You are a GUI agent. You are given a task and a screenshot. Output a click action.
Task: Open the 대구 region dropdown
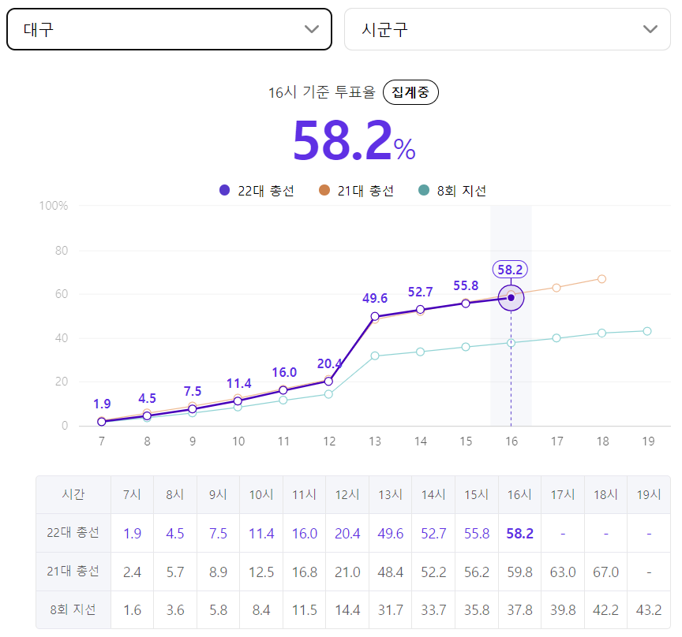(169, 29)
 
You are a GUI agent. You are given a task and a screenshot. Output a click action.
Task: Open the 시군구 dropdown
(507, 29)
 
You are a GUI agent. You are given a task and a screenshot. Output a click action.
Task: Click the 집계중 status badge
(410, 92)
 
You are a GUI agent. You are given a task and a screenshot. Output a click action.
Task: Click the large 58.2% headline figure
(354, 140)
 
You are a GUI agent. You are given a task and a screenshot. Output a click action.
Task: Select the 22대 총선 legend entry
(257, 190)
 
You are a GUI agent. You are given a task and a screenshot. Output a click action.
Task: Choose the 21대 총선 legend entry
(356, 190)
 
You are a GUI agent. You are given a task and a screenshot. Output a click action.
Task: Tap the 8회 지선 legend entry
(452, 190)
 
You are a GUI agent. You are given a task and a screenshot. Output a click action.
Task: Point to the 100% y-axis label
(54, 206)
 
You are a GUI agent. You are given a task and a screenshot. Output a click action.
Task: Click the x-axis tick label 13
(374, 441)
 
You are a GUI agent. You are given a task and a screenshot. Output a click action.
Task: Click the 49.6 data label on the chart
(374, 298)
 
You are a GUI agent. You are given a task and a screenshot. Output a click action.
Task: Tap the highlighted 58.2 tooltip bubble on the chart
(510, 270)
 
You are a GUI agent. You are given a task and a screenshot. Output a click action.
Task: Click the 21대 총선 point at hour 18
(601, 279)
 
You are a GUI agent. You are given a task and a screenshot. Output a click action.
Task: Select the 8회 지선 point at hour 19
(646, 331)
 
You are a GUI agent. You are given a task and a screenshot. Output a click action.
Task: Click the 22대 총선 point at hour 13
(374, 316)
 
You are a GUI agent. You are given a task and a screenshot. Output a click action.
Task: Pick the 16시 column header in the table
(519, 494)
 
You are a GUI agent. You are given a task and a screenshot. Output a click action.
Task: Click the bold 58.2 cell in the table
(519, 533)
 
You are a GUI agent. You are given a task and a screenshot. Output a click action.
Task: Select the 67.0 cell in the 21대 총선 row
(605, 572)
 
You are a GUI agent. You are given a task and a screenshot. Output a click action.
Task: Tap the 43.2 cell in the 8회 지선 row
(649, 610)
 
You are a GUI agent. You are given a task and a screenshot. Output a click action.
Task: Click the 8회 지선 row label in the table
(73, 609)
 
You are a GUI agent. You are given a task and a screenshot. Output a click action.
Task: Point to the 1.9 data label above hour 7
(102, 404)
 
